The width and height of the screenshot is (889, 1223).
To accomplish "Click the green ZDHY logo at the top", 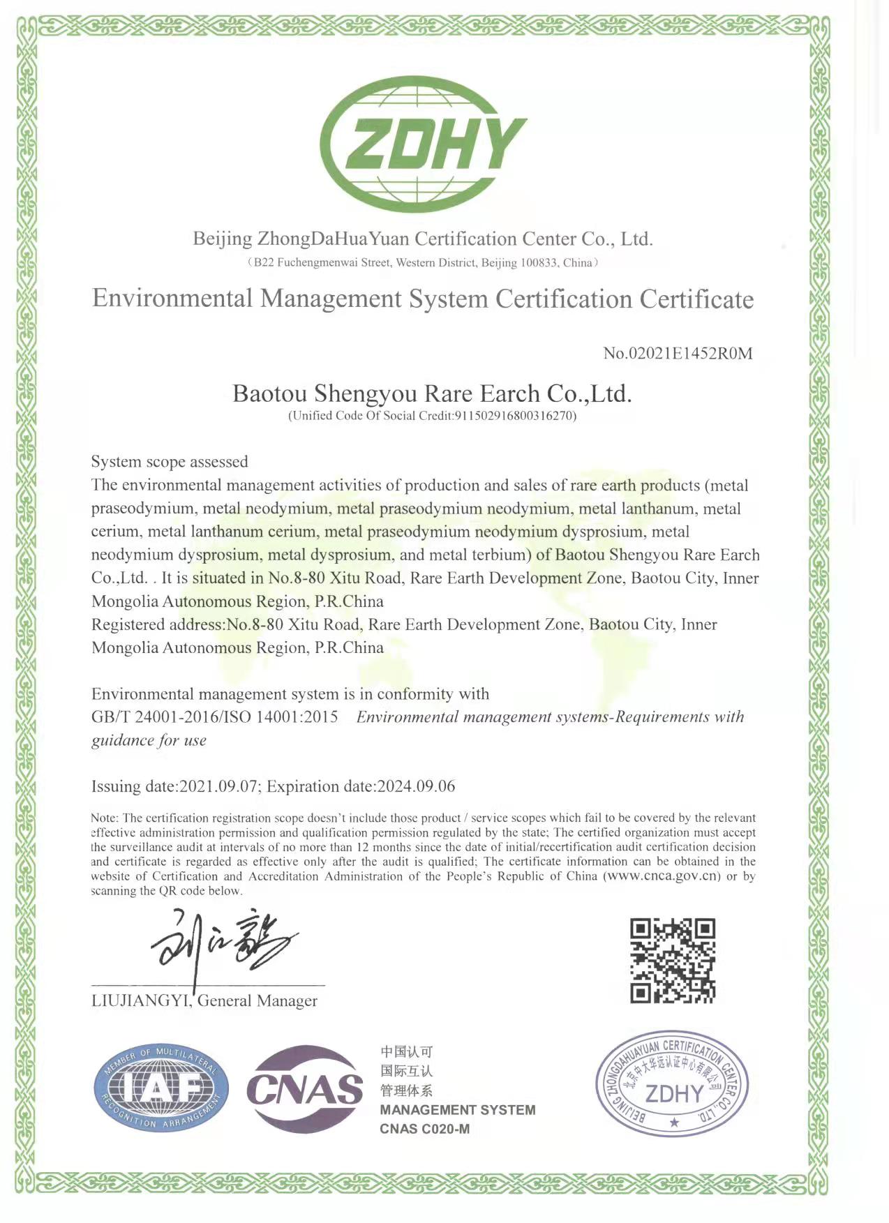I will click(423, 144).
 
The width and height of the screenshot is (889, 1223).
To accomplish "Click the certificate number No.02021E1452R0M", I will click(678, 353).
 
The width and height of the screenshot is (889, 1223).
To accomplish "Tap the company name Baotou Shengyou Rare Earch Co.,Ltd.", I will click(432, 394).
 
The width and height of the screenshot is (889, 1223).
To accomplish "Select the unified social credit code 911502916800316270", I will click(514, 417).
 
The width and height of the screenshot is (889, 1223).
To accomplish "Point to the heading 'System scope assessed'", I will click(170, 462).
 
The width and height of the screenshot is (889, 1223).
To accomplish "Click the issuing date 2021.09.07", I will click(218, 786).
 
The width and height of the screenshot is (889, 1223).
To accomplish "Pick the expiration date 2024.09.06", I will click(416, 786).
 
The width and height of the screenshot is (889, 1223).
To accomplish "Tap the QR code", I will click(673, 961).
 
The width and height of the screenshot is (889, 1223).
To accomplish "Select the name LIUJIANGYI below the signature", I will click(140, 1001).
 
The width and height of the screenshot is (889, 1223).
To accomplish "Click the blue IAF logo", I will click(161, 1088).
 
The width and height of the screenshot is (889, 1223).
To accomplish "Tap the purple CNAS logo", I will click(305, 1089).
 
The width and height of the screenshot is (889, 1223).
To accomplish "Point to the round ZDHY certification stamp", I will click(672, 1083).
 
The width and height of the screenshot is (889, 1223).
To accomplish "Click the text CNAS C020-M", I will click(424, 1129).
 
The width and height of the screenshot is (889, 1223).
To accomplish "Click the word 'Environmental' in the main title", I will click(172, 299).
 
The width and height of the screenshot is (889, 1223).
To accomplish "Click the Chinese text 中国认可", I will click(407, 1051).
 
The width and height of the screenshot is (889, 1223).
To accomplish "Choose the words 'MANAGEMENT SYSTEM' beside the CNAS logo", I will click(457, 1110).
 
